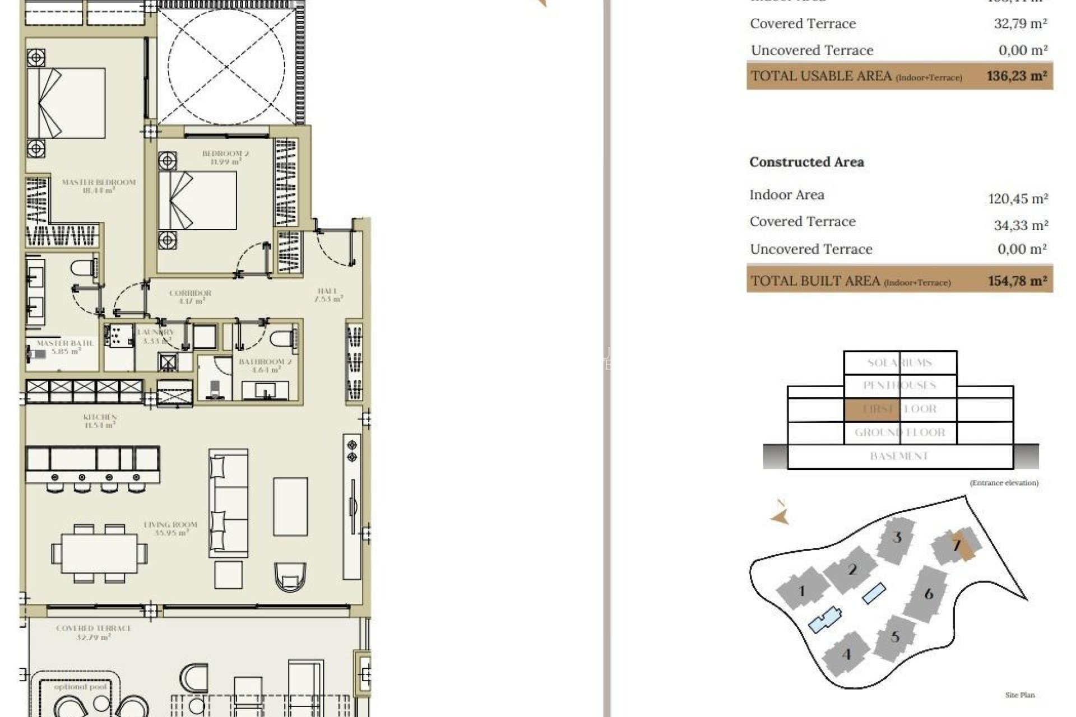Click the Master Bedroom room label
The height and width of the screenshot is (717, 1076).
pyautogui.click(x=99, y=186)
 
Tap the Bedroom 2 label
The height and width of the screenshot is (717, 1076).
pyautogui.click(x=225, y=157)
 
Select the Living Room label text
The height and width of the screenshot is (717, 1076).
pyautogui.click(x=171, y=528)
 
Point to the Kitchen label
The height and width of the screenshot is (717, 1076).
pyautogui.click(x=100, y=421)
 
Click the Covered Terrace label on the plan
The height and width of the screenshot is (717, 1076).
pyautogui.click(x=94, y=632)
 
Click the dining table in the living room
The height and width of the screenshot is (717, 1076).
pyautogui.click(x=99, y=553)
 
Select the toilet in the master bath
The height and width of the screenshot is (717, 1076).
pyautogui.click(x=85, y=267)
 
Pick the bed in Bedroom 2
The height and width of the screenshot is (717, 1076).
pyautogui.click(x=197, y=200)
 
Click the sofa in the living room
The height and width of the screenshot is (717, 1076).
pyautogui.click(x=228, y=502)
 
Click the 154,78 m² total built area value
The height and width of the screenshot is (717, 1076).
pyautogui.click(x=1017, y=281)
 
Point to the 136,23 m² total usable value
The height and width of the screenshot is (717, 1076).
pyautogui.click(x=1017, y=76)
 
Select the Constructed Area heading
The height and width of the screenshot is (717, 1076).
pyautogui.click(x=806, y=162)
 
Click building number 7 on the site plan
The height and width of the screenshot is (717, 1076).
pyautogui.click(x=957, y=544)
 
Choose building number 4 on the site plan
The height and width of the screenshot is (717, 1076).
pyautogui.click(x=846, y=654)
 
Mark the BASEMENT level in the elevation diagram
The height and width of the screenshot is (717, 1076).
pyautogui.click(x=899, y=456)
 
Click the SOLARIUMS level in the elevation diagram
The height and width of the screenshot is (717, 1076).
pyautogui.click(x=899, y=362)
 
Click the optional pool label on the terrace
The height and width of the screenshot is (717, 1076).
pyautogui.click(x=80, y=686)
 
